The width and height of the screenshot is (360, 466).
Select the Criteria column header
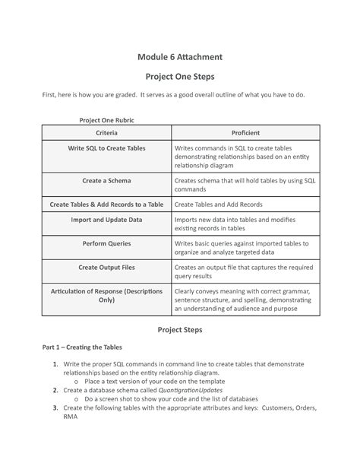(106, 133)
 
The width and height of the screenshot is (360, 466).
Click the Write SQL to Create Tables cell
(106, 148)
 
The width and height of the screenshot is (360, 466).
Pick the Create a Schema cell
(106, 182)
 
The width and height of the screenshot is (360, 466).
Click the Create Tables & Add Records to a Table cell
(106, 204)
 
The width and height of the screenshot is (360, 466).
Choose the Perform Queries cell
(106, 244)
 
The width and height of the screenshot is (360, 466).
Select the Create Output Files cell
(106, 268)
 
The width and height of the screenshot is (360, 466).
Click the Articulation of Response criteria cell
(106, 296)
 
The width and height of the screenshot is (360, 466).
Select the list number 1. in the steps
(56, 365)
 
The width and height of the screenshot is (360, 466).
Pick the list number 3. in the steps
(56, 407)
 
